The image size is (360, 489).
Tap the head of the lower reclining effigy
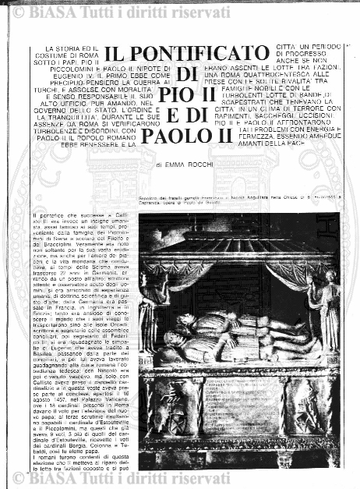pyautogui.click(x=173, y=338)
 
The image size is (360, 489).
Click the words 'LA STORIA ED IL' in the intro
pyautogui.click(x=58, y=50)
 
